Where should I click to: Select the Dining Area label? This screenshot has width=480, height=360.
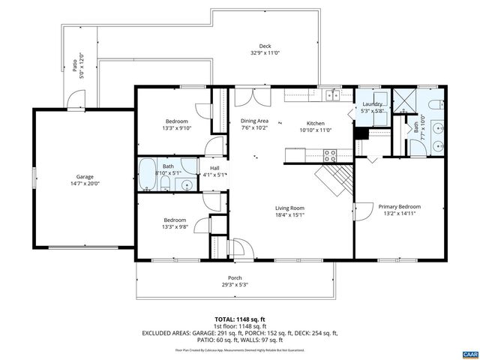pos(254,121)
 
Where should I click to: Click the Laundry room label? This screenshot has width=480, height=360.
pos(373,104)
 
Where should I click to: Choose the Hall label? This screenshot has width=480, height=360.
pos(214,168)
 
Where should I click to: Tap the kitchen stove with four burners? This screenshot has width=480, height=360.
pos(328,155)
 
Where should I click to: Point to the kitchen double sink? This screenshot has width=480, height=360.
pos(331,94)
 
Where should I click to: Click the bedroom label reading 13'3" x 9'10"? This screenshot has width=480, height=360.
pos(177,127)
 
